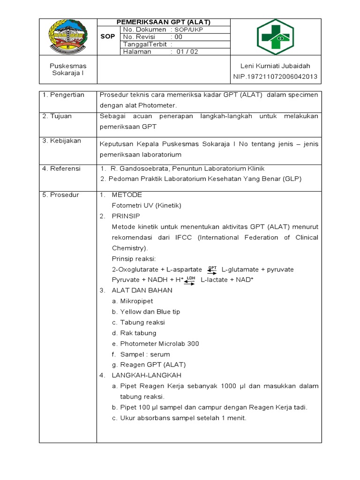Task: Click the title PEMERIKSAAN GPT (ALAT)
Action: coord(163,22)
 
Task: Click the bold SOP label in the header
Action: coord(107,37)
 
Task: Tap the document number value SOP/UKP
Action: coord(187,30)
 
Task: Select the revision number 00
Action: coord(178,37)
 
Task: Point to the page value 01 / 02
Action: coord(187,52)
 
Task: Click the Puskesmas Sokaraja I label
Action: coord(68,70)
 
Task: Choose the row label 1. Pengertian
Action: coord(63,95)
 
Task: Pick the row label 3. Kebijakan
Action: coord(62,141)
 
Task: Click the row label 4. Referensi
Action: coord(61,168)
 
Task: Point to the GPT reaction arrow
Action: coord(212,270)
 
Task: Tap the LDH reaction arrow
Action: coord(190,280)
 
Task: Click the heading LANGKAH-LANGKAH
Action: coord(146,375)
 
